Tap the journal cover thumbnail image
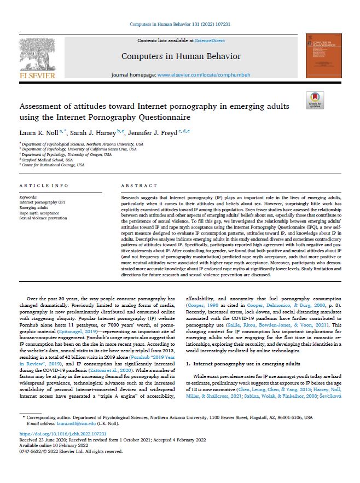(321, 56)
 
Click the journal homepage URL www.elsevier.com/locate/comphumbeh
(204, 74)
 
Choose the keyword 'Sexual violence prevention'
(43, 218)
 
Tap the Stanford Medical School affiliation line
(43, 159)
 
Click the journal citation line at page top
(179, 25)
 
